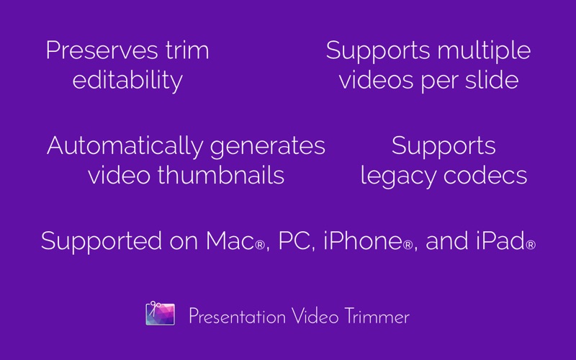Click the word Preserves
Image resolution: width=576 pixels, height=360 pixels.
click(102, 50)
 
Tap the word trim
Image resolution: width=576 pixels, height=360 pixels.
click(187, 50)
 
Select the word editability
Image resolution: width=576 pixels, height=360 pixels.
click(127, 81)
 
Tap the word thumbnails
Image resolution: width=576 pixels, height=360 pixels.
click(221, 175)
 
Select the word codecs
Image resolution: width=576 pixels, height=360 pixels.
click(485, 175)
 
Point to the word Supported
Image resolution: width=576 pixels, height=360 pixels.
click(102, 242)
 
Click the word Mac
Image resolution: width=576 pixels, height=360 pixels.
click(230, 241)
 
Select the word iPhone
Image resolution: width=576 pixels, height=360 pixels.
click(363, 241)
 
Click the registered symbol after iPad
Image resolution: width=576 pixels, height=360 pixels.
click(531, 245)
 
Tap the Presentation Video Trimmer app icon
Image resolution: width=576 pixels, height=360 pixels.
click(160, 313)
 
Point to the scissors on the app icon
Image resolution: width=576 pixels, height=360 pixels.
click(154, 308)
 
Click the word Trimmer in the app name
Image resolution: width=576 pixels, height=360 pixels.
click(377, 317)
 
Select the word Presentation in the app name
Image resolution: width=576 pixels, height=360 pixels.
click(238, 317)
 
